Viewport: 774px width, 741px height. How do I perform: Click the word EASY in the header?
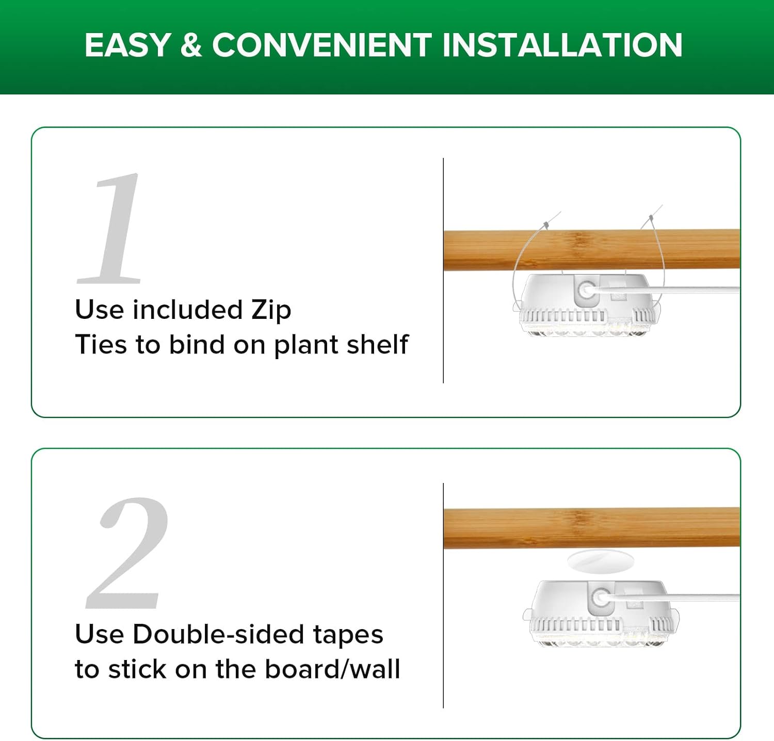pos(127,45)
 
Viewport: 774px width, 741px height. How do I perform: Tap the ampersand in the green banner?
pos(191,45)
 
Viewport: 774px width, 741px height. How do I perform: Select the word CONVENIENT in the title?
pos(321,45)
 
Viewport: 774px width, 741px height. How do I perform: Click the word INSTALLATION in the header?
pos(562,45)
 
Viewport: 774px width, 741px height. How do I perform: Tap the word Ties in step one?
pos(101,344)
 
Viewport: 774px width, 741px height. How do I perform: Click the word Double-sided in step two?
pos(218,634)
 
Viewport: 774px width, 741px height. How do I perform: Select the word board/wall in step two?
pos(332,669)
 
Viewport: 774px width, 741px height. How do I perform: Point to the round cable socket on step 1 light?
pos(586,289)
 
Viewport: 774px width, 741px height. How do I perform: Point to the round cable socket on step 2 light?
pos(600,599)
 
